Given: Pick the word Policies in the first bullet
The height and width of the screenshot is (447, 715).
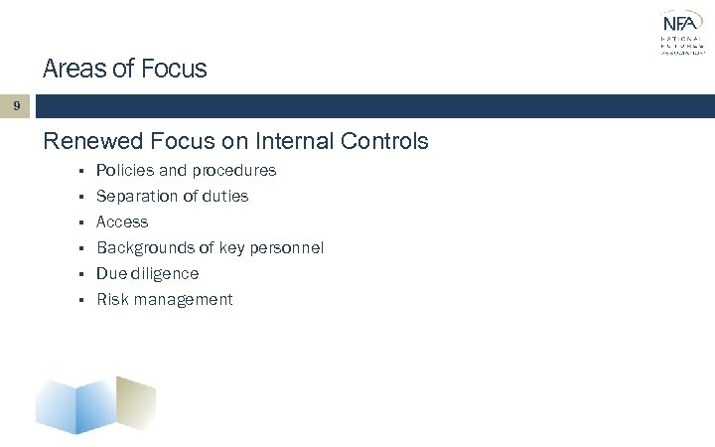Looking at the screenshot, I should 124,171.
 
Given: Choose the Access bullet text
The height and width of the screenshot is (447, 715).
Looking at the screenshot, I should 121,223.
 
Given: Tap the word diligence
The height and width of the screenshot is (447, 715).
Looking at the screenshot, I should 164,274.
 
